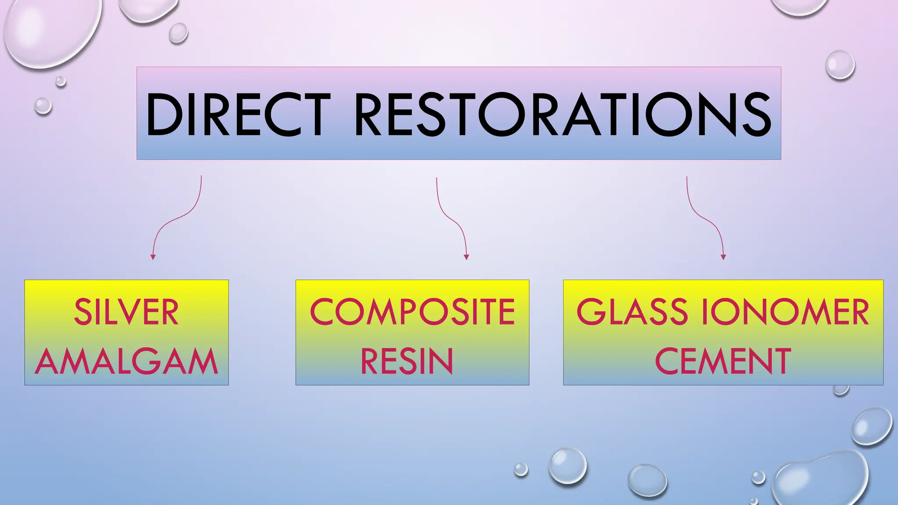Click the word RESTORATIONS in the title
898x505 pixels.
coord(562,115)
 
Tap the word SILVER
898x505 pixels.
coord(126,312)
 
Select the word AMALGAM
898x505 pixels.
coord(126,362)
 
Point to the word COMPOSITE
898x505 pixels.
coord(412,312)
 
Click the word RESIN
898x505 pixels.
coord(406,362)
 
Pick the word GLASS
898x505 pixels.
coord(632,312)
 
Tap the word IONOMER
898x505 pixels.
coord(785,312)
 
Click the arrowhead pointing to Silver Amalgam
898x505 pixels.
coord(153,257)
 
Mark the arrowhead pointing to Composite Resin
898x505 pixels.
coord(466,257)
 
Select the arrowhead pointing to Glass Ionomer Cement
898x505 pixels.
coord(723,257)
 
